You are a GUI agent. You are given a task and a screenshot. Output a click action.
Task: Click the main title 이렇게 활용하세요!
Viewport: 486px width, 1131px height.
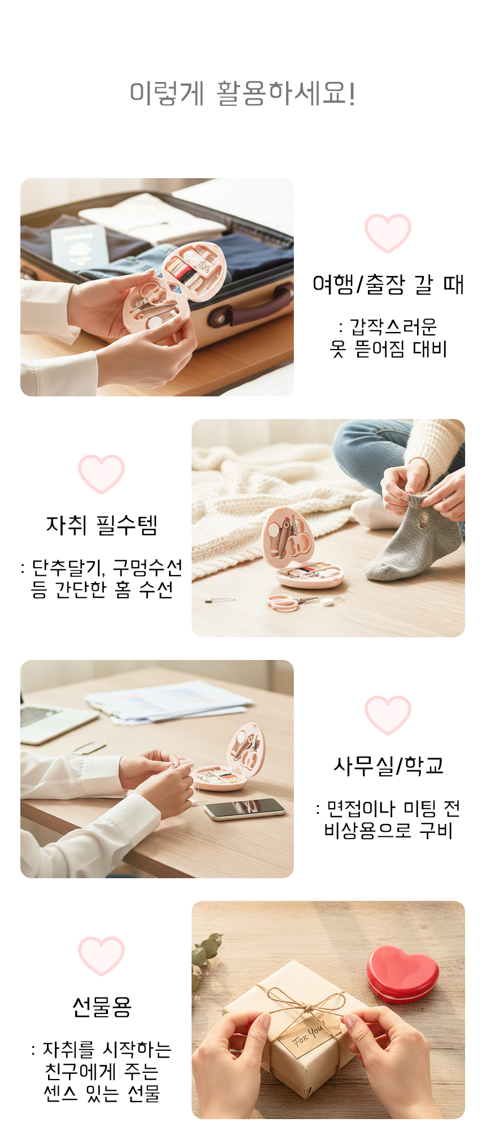(243, 93)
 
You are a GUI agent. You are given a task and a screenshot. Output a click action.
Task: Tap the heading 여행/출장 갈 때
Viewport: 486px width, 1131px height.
(388, 284)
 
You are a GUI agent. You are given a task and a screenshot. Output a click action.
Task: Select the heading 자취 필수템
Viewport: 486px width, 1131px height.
(102, 525)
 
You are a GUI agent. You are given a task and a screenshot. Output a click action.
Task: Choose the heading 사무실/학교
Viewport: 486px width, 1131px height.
(388, 766)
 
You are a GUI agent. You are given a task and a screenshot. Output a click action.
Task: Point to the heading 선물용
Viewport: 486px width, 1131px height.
(102, 1007)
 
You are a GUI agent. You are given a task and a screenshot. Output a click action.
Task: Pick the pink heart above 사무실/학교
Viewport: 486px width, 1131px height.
(388, 715)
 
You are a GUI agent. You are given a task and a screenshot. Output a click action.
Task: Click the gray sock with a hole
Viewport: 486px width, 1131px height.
(415, 538)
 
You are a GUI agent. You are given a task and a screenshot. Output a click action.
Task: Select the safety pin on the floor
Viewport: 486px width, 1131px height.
(220, 599)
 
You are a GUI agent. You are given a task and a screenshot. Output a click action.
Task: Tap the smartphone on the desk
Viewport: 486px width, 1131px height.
(245, 809)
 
